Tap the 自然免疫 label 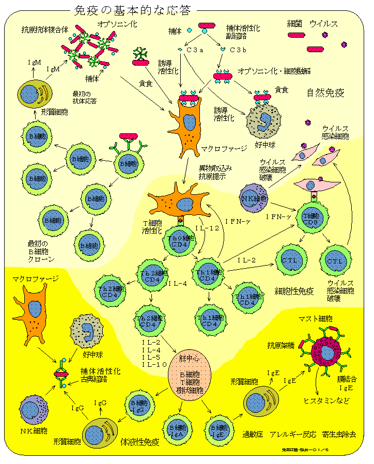click(325, 93)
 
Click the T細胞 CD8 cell click(311, 219)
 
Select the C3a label click(196, 50)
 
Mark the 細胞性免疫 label click(294, 291)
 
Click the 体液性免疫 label click(139, 442)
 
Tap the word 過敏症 click(254, 434)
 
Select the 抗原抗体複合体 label click(45, 29)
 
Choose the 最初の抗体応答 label click(85, 98)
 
